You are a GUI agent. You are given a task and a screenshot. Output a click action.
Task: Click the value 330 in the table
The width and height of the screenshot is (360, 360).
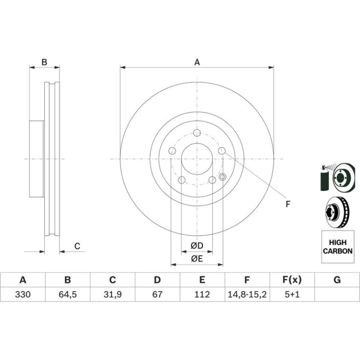point(23,295)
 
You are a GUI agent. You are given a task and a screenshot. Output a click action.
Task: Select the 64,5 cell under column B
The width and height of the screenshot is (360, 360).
point(68,295)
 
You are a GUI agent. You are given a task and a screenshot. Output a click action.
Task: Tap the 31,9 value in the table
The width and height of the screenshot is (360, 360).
point(113,295)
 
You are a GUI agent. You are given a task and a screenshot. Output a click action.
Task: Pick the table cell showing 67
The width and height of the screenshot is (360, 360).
point(157,295)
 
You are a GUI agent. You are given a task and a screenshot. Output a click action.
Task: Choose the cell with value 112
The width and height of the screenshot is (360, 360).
point(202,295)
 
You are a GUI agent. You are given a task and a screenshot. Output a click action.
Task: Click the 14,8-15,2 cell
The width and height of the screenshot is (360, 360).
point(247,295)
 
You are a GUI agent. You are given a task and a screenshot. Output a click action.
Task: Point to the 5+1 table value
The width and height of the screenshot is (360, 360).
point(292,295)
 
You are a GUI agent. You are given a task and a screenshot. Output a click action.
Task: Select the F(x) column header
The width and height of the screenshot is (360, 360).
point(292,280)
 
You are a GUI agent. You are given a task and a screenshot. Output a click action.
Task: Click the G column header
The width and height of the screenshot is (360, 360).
point(337,280)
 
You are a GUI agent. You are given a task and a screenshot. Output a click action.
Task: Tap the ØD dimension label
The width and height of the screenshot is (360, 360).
point(197,245)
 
